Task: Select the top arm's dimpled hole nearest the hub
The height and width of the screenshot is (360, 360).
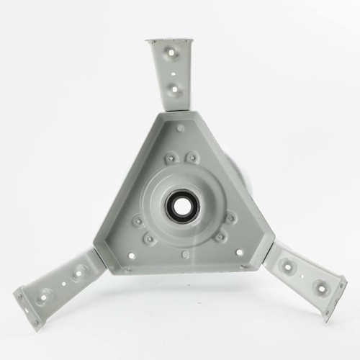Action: tap(174, 89)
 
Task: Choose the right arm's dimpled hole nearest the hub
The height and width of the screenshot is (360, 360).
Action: tap(288, 266)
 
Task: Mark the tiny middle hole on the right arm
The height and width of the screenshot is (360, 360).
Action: tap(303, 276)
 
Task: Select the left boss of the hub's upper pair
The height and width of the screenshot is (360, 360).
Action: tap(171, 158)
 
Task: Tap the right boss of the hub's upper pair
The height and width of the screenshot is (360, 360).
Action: tap(192, 157)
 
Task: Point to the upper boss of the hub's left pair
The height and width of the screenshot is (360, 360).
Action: tap(136, 222)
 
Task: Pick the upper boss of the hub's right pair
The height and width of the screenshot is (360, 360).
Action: tap(230, 218)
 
